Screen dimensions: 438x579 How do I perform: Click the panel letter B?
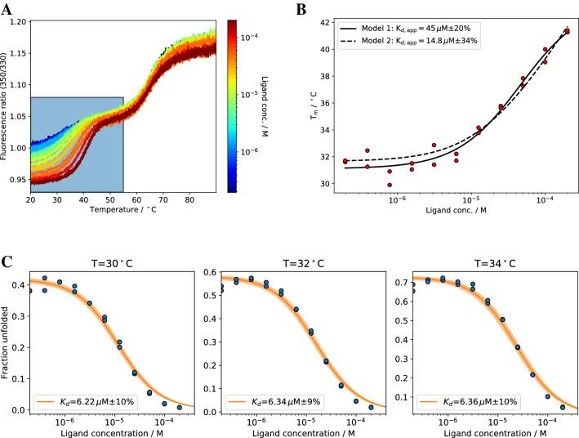point(301,10)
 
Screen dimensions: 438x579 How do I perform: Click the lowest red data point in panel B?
point(389,185)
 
